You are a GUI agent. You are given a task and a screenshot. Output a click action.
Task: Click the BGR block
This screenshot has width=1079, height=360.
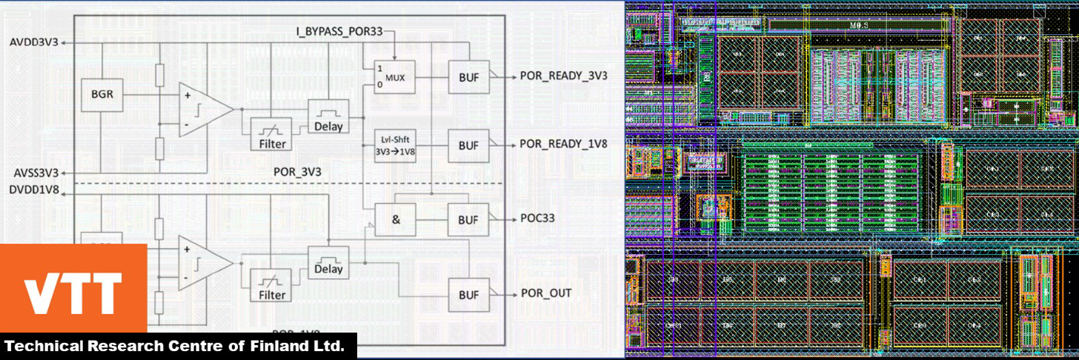pos(102,95)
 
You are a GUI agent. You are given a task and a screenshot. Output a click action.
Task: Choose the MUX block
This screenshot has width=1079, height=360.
pos(394,76)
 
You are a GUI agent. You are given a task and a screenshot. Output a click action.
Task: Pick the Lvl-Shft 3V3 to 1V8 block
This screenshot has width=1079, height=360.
pos(394,146)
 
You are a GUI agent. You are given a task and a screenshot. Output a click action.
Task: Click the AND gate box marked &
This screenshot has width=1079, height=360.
pos(394,219)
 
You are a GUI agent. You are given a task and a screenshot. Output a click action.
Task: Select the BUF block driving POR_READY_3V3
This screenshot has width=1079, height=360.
pos(468,76)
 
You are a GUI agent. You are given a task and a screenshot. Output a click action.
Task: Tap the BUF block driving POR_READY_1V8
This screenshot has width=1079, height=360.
pos(468,146)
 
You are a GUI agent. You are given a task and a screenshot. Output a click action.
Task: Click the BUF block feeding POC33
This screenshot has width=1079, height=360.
pos(468,219)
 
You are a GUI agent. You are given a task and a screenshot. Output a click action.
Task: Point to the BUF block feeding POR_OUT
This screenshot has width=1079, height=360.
pos(468,294)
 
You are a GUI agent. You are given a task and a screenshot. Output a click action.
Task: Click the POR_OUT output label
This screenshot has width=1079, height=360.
pos(545,293)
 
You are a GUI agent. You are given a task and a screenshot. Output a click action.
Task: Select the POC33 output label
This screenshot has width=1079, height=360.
pos(537,219)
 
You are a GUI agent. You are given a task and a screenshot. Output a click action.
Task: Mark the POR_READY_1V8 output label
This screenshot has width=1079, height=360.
pos(563,144)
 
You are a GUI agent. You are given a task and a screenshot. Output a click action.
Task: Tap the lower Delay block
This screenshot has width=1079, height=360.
pos(328,261)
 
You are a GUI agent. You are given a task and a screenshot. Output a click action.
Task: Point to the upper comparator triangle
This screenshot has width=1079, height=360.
pos(202,109)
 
